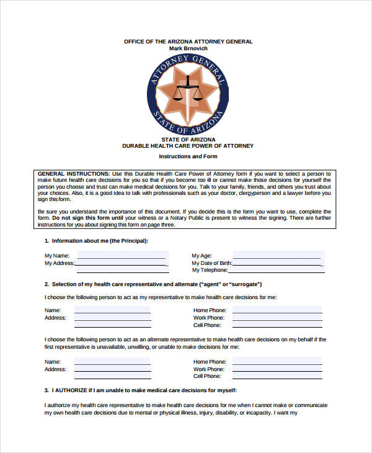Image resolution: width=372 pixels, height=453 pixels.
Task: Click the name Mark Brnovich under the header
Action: pos(188,48)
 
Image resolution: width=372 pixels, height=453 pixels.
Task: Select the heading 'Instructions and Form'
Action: pos(188,156)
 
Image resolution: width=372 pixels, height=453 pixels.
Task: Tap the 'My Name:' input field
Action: pos(121,255)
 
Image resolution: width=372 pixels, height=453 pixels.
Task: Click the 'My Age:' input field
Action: pos(277,255)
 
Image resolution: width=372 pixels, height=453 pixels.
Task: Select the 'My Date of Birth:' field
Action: pos(277,262)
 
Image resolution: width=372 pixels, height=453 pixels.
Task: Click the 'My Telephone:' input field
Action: pos(277,270)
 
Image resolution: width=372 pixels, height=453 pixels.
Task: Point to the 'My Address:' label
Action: pos(59,263)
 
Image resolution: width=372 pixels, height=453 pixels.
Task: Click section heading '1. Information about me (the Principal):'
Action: pos(96,240)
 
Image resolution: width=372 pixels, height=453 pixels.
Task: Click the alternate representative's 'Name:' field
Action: pos(112,361)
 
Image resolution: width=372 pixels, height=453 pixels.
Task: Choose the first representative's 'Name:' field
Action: pos(112,310)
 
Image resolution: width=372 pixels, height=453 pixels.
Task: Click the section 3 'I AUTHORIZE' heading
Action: pos(141,390)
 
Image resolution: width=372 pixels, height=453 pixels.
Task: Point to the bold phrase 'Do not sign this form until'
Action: pos(89,218)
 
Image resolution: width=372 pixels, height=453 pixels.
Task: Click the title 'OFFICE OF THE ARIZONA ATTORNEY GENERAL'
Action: pos(188,42)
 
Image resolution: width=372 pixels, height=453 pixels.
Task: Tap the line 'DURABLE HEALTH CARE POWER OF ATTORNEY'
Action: pos(188,146)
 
